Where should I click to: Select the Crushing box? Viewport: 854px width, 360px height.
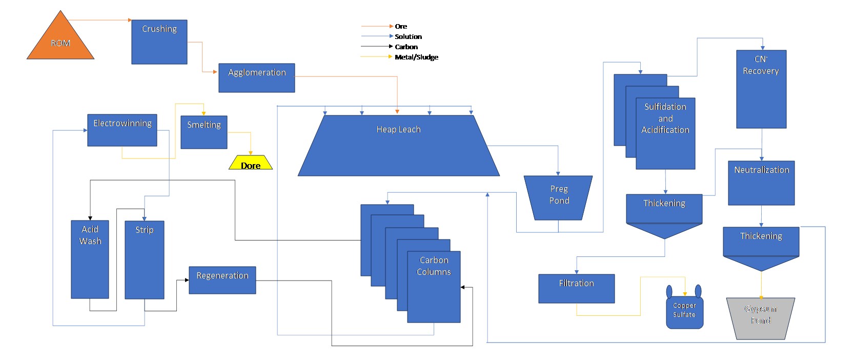159,42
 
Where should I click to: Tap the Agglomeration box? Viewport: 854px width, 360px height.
256,78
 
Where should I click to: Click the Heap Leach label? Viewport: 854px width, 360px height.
398,130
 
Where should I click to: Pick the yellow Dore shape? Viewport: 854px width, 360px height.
251,163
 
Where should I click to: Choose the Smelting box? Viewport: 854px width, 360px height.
204,132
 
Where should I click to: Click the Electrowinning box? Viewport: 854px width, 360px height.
122,130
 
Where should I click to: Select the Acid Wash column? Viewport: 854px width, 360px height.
90,259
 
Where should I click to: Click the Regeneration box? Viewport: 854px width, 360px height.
222,280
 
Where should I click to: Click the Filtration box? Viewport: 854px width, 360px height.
576,289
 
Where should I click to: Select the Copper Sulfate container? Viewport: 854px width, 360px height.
684,311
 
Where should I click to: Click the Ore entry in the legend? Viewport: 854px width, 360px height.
401,26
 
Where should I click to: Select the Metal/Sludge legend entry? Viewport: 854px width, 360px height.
416,57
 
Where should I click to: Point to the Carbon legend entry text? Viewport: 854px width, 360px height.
406,47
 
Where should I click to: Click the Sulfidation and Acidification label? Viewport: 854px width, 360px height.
665,118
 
